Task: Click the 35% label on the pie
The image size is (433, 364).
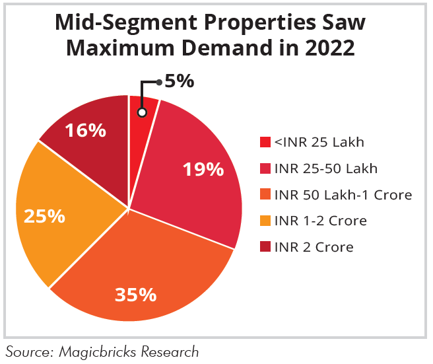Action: [135, 294]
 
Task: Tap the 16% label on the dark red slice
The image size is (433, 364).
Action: [85, 130]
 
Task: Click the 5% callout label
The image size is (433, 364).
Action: [180, 82]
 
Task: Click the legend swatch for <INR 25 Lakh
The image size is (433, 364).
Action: [265, 142]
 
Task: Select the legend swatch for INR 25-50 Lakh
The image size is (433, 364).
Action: [265, 168]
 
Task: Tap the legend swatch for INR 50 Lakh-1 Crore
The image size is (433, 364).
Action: [265, 195]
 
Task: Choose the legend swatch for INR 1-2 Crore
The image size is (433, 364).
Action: [265, 221]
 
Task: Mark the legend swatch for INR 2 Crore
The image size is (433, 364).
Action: [265, 248]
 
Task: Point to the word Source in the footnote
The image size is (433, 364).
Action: [27, 351]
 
